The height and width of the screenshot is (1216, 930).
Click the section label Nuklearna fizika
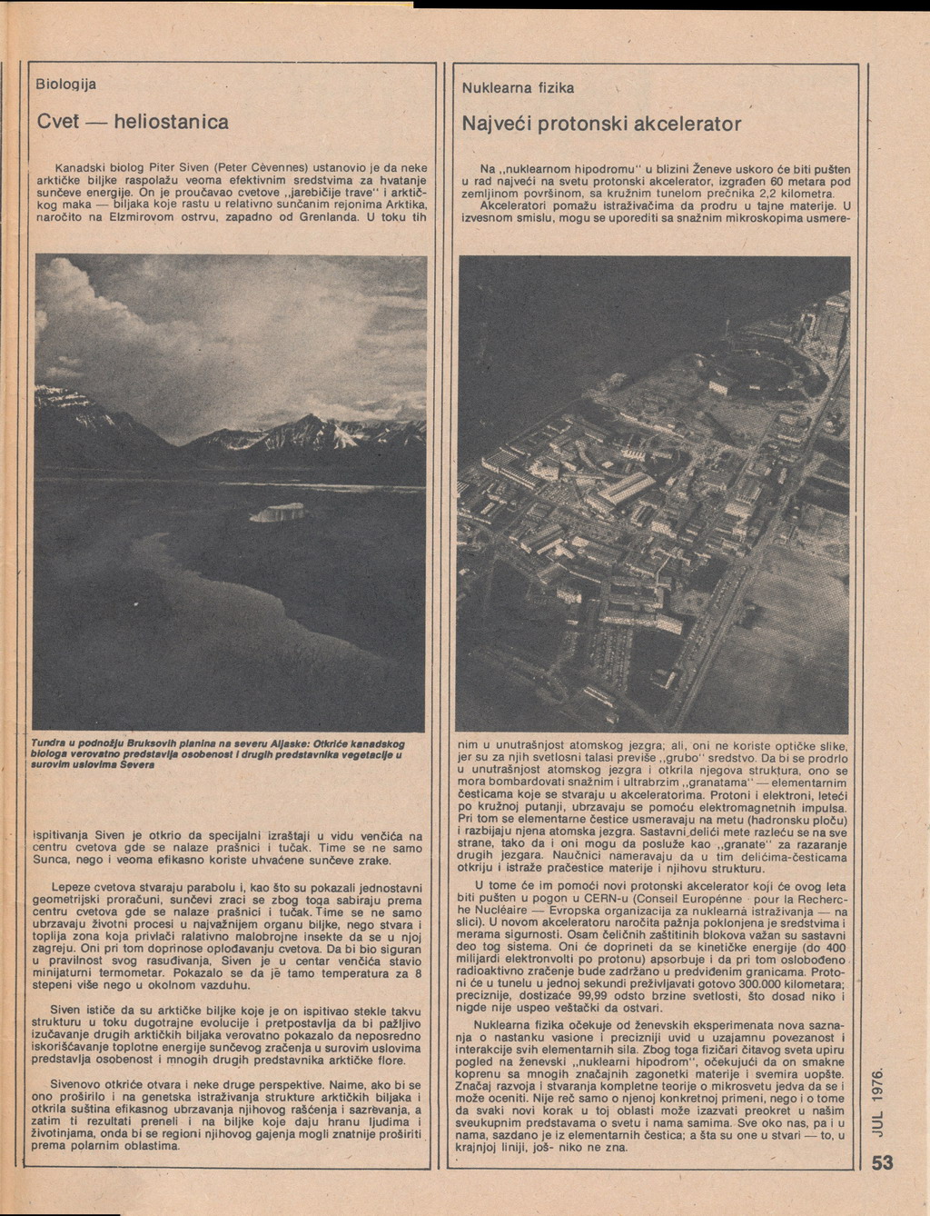point(518,89)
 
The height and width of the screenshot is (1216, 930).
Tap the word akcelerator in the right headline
point(687,123)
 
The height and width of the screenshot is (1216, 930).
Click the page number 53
point(883,1164)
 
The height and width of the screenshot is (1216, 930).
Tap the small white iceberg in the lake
point(277,513)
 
